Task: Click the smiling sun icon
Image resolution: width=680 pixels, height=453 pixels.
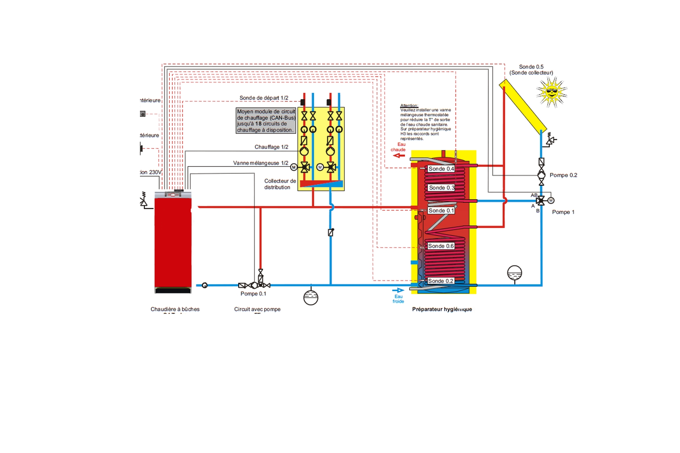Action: [551, 92]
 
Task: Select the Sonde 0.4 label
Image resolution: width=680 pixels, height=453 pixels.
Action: [441, 169]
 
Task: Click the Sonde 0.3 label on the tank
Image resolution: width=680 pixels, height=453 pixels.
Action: [441, 188]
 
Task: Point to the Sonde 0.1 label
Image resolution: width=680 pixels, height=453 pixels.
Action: [441, 211]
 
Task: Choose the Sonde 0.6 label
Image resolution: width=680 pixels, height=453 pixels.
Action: [441, 246]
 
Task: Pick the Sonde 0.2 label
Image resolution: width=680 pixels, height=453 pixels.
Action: [441, 281]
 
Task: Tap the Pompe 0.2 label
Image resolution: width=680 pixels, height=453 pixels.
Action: [563, 175]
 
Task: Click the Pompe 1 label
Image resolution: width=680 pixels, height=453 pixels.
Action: [563, 212]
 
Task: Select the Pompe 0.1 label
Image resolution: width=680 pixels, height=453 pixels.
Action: [253, 294]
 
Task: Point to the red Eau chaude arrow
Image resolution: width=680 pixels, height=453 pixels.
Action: [399, 155]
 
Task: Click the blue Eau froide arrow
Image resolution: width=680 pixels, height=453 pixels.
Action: [398, 290]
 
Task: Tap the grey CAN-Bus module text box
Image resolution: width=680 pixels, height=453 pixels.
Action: [266, 121]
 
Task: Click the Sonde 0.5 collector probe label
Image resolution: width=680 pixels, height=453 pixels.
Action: [531, 70]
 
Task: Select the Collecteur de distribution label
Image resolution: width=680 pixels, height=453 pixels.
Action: [280, 184]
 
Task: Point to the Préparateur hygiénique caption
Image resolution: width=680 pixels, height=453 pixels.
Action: [442, 309]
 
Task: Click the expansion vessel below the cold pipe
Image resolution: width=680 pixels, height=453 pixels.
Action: [311, 297]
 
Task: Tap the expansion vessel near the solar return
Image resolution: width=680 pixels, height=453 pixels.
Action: [514, 273]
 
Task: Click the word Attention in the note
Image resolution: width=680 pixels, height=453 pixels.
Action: [409, 105]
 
